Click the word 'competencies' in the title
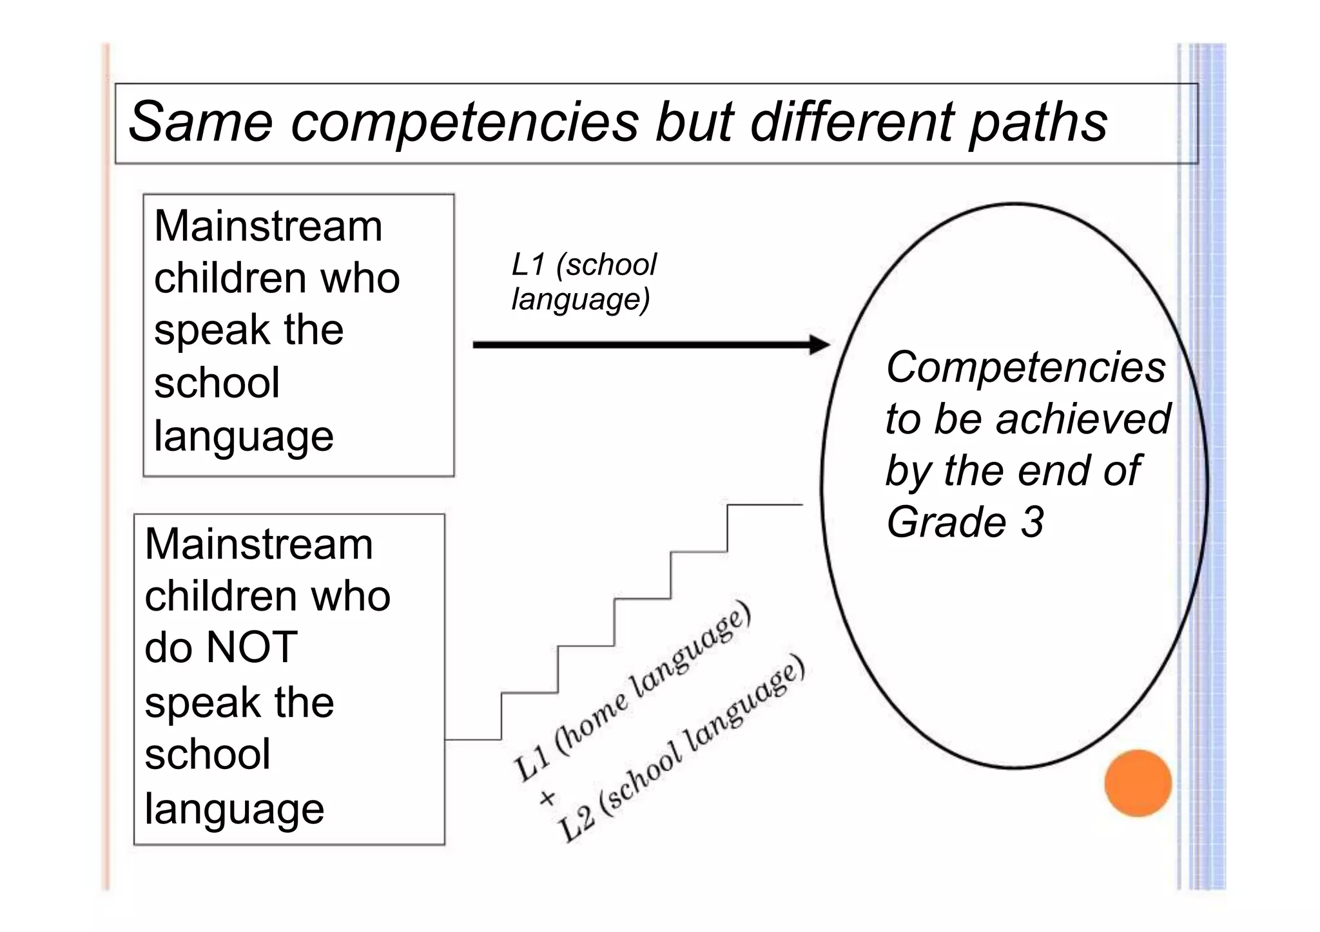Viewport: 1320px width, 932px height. tap(464, 122)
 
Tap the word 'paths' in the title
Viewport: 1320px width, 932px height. tap(1038, 122)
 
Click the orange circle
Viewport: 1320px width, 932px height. tap(1138, 783)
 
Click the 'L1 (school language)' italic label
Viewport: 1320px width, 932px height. tap(583, 282)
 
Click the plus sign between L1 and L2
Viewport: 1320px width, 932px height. tap(547, 799)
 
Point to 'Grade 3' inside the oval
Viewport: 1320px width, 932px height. tap(964, 522)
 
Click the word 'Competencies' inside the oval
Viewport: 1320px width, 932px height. tap(1025, 367)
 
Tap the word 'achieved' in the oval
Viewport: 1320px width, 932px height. tap(1083, 419)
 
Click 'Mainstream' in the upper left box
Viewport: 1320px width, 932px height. tap(268, 226)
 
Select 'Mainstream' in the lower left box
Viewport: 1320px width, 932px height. tap(258, 544)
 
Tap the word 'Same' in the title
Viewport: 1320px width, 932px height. tap(200, 122)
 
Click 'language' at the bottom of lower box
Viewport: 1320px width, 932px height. tap(234, 809)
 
